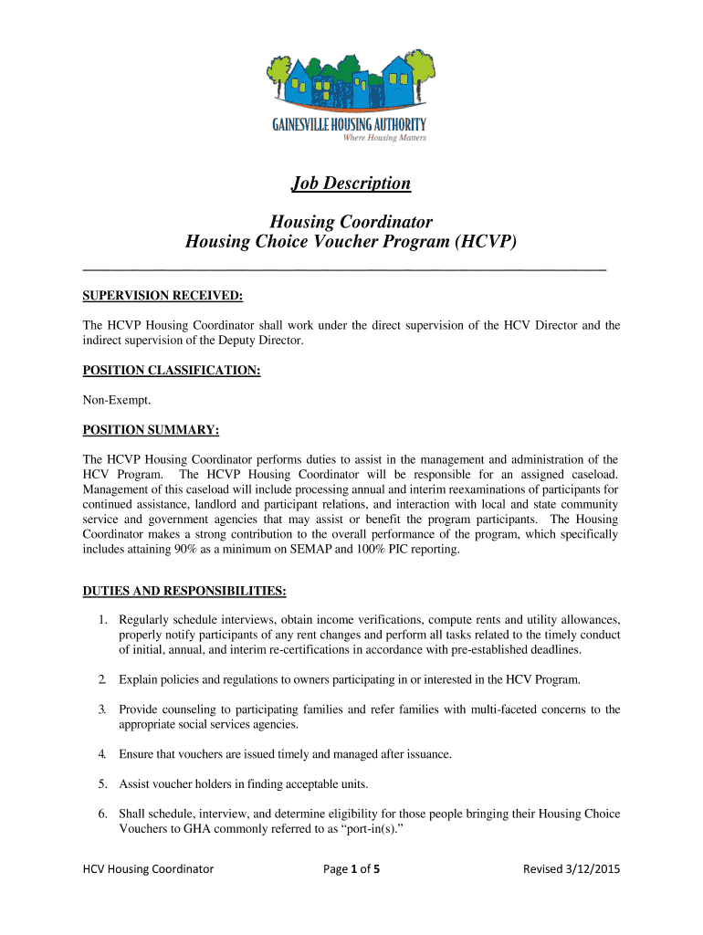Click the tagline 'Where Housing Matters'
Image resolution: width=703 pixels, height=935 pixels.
383,138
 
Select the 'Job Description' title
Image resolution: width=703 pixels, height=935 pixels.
351,184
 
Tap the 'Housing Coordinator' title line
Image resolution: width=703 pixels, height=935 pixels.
351,222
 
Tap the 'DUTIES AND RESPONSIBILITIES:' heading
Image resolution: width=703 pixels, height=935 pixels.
185,591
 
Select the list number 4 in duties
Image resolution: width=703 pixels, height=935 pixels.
103,753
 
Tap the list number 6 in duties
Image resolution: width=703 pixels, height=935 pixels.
103,813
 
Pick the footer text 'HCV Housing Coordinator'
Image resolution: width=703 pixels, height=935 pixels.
148,869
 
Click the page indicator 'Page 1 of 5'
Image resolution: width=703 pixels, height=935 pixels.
351,869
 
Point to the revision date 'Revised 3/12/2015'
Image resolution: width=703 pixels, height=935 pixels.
571,869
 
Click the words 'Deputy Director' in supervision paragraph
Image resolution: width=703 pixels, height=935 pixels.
258,341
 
